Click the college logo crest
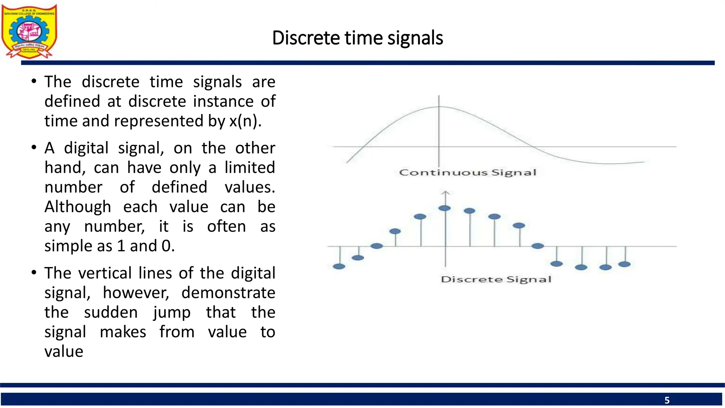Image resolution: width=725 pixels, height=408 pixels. tap(29, 31)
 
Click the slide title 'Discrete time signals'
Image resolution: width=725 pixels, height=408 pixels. tap(358, 38)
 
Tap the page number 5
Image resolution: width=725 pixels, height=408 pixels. tap(667, 400)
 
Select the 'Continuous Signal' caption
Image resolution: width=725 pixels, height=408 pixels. tap(468, 172)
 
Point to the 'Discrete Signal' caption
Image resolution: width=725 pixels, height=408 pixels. tap(496, 279)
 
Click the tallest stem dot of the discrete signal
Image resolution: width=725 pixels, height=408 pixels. tap(445, 208)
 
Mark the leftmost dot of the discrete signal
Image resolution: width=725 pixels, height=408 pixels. tap(339, 266)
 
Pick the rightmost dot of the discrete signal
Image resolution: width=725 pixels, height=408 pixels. tap(624, 264)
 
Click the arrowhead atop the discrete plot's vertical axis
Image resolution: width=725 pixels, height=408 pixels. tap(446, 193)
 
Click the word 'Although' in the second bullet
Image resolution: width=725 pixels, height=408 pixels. tap(78, 207)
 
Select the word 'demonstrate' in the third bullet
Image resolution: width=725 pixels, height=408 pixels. tap(228, 293)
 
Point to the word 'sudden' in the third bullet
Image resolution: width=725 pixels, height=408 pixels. tap(111, 312)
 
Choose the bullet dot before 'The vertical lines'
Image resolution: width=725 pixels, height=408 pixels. tap(34, 273)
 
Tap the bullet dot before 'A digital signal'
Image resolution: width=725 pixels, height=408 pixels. tap(34, 147)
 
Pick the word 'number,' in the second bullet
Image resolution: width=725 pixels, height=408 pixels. tap(114, 226)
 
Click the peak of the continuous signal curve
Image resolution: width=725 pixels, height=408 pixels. tap(439, 107)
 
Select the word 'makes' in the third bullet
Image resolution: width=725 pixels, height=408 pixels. tap(123, 332)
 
